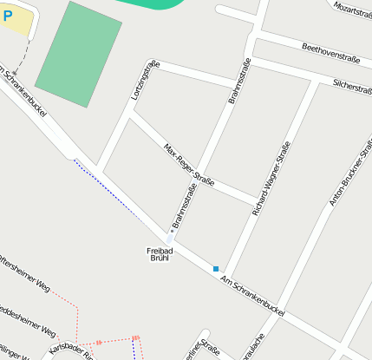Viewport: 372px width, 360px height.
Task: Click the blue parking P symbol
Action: pos(8,16)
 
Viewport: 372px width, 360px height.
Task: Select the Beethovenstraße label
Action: pos(330,52)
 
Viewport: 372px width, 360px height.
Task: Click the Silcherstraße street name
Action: pos(351,86)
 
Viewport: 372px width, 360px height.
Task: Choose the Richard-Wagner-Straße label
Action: pos(270,179)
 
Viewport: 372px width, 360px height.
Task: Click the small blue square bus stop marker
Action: pos(216,269)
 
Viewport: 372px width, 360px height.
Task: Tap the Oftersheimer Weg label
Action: pos(25,271)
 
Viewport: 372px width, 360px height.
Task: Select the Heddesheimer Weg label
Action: pos(28,321)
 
